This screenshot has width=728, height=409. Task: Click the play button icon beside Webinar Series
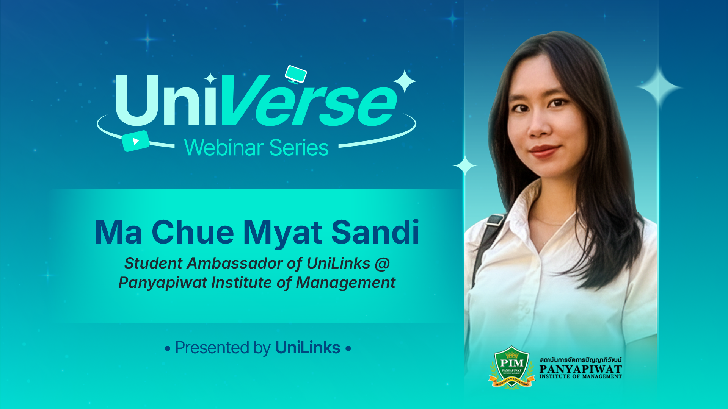click(135, 141)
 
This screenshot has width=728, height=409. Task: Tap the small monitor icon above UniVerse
click(296, 74)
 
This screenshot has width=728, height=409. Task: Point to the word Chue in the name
click(193, 232)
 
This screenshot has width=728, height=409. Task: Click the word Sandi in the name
click(375, 232)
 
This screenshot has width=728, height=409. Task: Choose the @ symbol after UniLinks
click(382, 264)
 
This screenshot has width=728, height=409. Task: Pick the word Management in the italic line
click(345, 283)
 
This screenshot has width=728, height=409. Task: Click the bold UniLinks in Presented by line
click(308, 348)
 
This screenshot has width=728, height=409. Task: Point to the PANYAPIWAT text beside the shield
click(581, 368)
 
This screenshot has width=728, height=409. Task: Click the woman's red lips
click(544, 150)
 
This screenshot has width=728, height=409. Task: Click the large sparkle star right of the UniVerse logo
click(405, 80)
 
